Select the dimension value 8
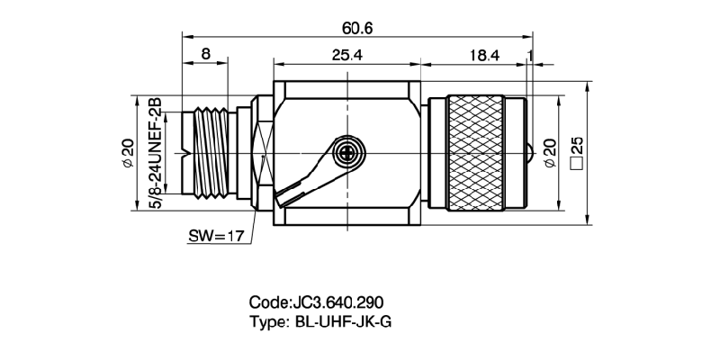(206, 55)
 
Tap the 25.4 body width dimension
(346, 55)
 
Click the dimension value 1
(531, 55)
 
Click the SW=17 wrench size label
(216, 239)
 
